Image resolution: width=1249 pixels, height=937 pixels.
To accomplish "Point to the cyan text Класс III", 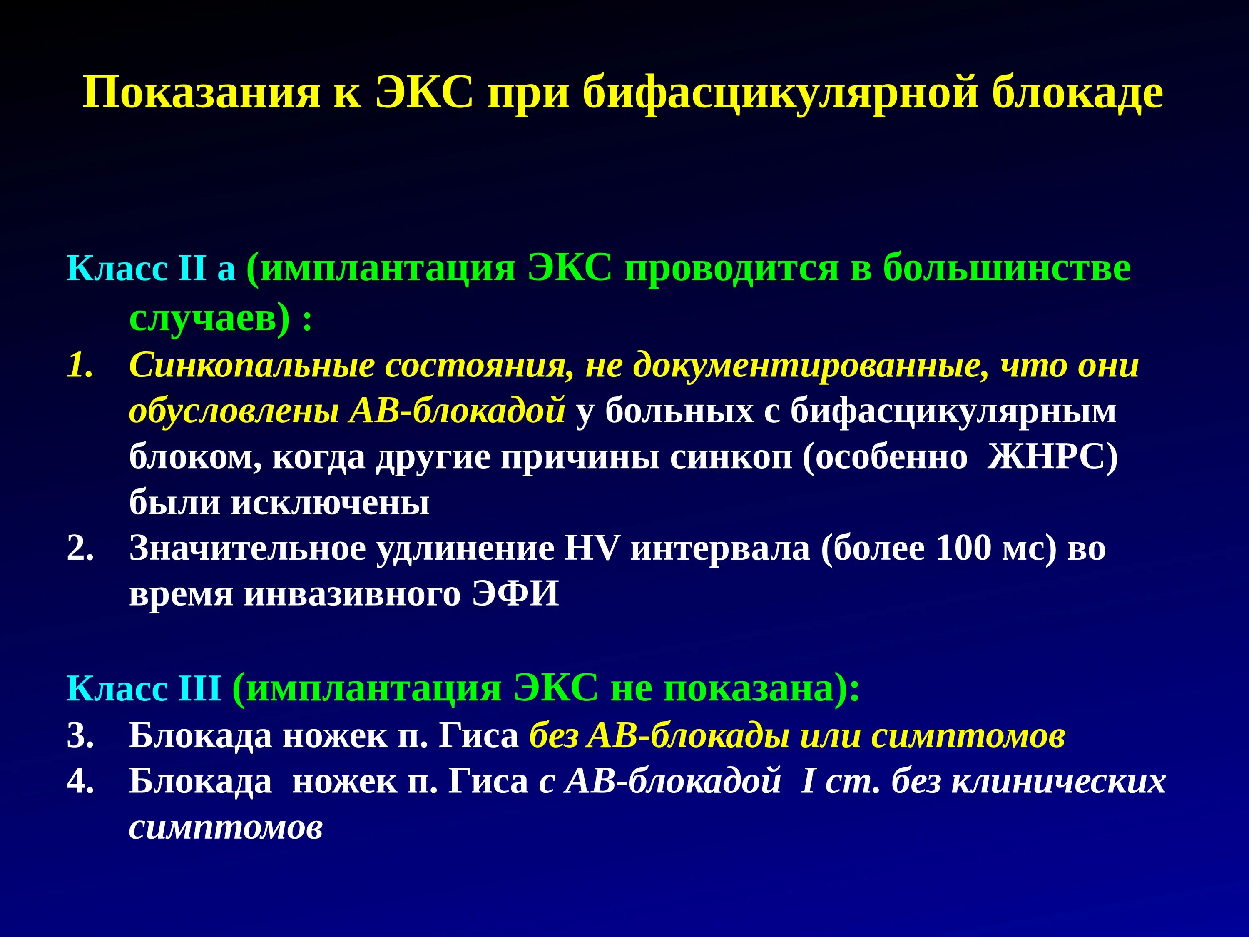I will coord(143,689).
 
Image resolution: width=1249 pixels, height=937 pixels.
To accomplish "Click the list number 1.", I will coord(80,365).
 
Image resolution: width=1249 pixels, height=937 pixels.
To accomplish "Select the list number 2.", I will coord(80,548).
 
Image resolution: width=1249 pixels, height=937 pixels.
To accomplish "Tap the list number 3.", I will coord(80,736).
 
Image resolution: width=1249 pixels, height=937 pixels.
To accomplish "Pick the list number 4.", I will coord(80,782).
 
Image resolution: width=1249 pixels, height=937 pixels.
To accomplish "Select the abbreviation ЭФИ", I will coord(515,593).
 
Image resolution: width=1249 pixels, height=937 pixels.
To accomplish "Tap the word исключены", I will coord(330,503).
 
